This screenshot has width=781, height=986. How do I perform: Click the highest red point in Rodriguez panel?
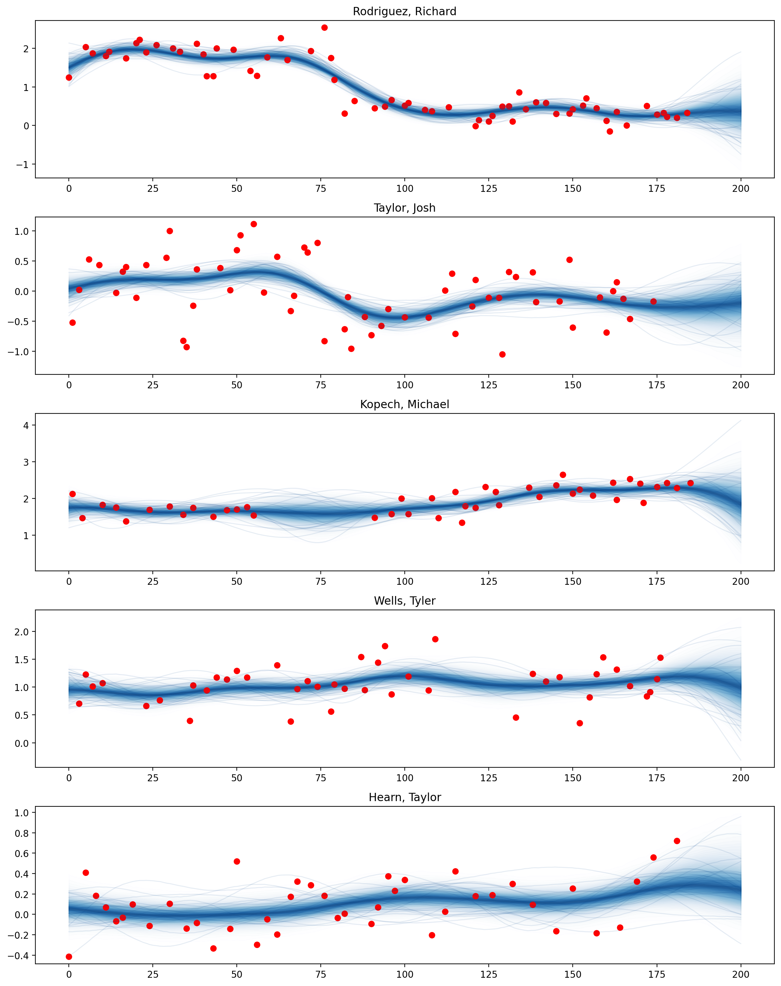point(324,27)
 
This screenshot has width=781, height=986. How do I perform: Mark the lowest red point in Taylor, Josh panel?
point(502,355)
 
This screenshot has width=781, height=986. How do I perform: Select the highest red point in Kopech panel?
point(562,475)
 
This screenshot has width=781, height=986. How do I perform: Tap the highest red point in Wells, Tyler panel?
point(435,639)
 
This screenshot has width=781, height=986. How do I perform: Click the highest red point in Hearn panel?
point(677,841)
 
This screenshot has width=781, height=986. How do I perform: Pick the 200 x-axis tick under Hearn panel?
point(741,974)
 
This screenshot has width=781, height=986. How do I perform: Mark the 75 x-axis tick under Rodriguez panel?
point(321,189)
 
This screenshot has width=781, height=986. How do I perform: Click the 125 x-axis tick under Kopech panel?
point(488,582)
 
